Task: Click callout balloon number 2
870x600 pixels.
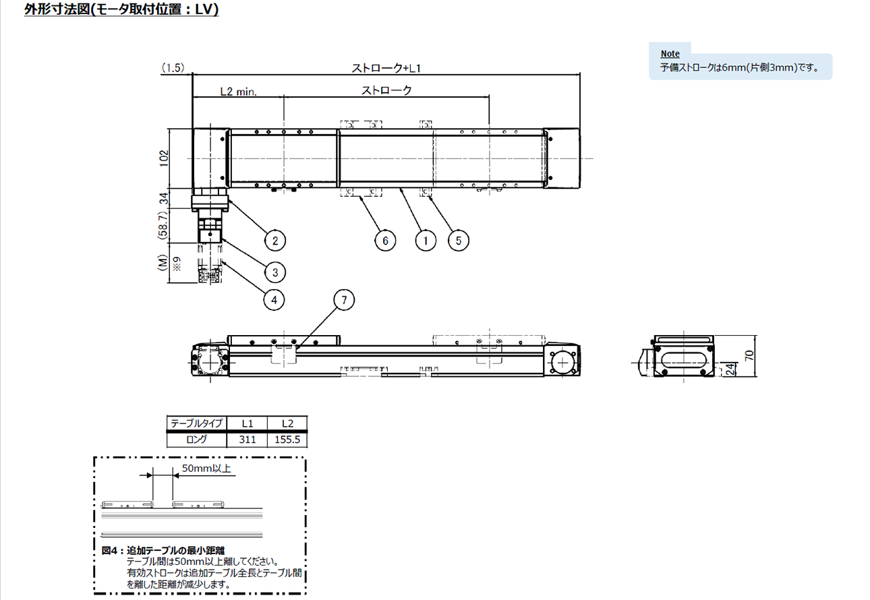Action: tap(275, 241)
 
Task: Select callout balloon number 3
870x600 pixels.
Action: tap(275, 272)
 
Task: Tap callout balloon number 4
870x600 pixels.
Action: tap(274, 300)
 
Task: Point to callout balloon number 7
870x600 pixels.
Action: tap(344, 300)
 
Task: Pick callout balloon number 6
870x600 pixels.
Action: tap(385, 241)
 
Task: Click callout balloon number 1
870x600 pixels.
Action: tap(426, 241)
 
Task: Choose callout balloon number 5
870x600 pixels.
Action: tap(459, 241)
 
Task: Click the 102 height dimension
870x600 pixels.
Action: tap(164, 158)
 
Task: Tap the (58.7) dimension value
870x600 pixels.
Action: tap(163, 225)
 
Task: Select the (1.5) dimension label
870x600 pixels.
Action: tap(173, 68)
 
